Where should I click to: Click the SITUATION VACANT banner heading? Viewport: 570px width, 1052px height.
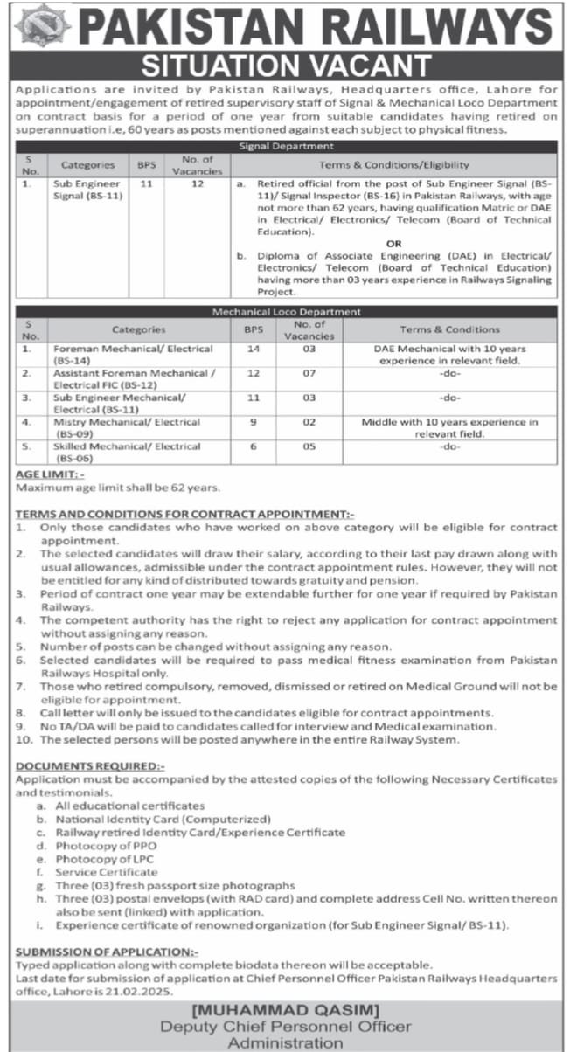point(286,66)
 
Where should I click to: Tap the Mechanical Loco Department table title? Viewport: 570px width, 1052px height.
point(286,311)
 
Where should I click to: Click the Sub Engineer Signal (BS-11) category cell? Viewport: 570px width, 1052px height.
point(87,190)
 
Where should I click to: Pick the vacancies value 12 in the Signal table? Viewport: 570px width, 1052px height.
point(197,185)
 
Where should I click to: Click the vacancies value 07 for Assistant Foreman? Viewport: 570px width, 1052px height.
point(309,373)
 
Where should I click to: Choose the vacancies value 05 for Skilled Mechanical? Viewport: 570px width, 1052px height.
point(309,446)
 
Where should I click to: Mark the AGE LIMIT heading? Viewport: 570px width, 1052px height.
point(50,473)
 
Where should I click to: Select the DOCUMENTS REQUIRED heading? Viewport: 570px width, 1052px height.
point(91,765)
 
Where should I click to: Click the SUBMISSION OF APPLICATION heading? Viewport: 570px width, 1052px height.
point(114,952)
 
